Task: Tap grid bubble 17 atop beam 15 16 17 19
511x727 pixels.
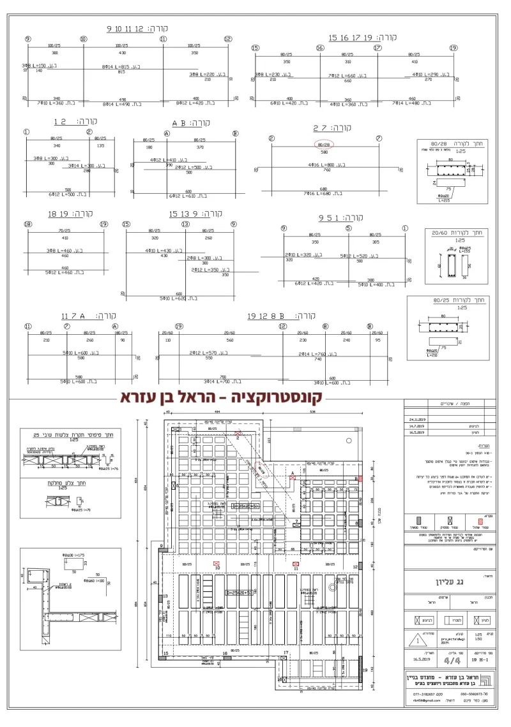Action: tap(378, 48)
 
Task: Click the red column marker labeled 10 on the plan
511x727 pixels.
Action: tap(217, 563)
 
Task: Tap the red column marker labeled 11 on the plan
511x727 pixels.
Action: tap(296, 564)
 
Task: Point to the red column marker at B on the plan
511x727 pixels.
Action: tap(360, 478)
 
